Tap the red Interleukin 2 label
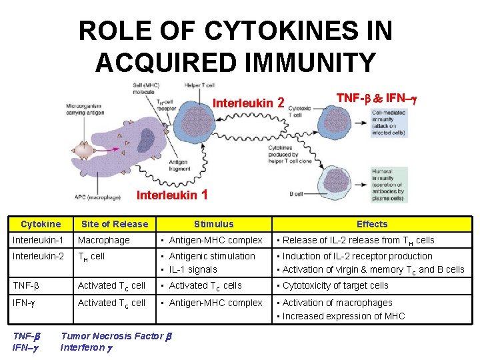coord(249,103)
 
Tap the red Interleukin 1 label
coord(172,195)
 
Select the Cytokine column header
coord(41,224)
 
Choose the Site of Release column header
coord(115,224)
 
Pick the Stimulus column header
coord(214,224)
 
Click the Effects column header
coord(372,224)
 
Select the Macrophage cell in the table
coord(104,240)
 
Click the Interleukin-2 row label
coord(39,256)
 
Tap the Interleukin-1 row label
coord(39,240)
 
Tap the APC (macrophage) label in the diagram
coord(98,197)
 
